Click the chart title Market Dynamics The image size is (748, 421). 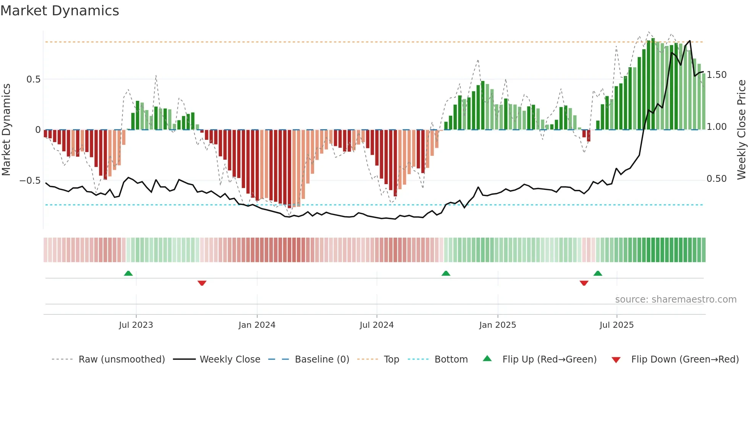60,11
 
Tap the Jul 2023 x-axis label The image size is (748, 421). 136,325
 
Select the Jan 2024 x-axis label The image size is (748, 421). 257,325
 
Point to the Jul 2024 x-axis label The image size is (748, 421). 377,325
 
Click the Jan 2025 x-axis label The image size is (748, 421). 498,325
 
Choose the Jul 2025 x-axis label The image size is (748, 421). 617,325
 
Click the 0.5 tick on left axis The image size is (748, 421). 33,79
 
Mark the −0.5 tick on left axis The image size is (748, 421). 30,180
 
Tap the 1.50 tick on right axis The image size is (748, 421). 717,75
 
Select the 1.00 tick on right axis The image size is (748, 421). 717,127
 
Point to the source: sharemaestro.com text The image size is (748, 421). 676,300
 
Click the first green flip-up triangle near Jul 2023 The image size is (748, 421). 128,274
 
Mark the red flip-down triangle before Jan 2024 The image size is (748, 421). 202,283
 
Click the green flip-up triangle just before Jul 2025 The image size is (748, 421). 598,274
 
